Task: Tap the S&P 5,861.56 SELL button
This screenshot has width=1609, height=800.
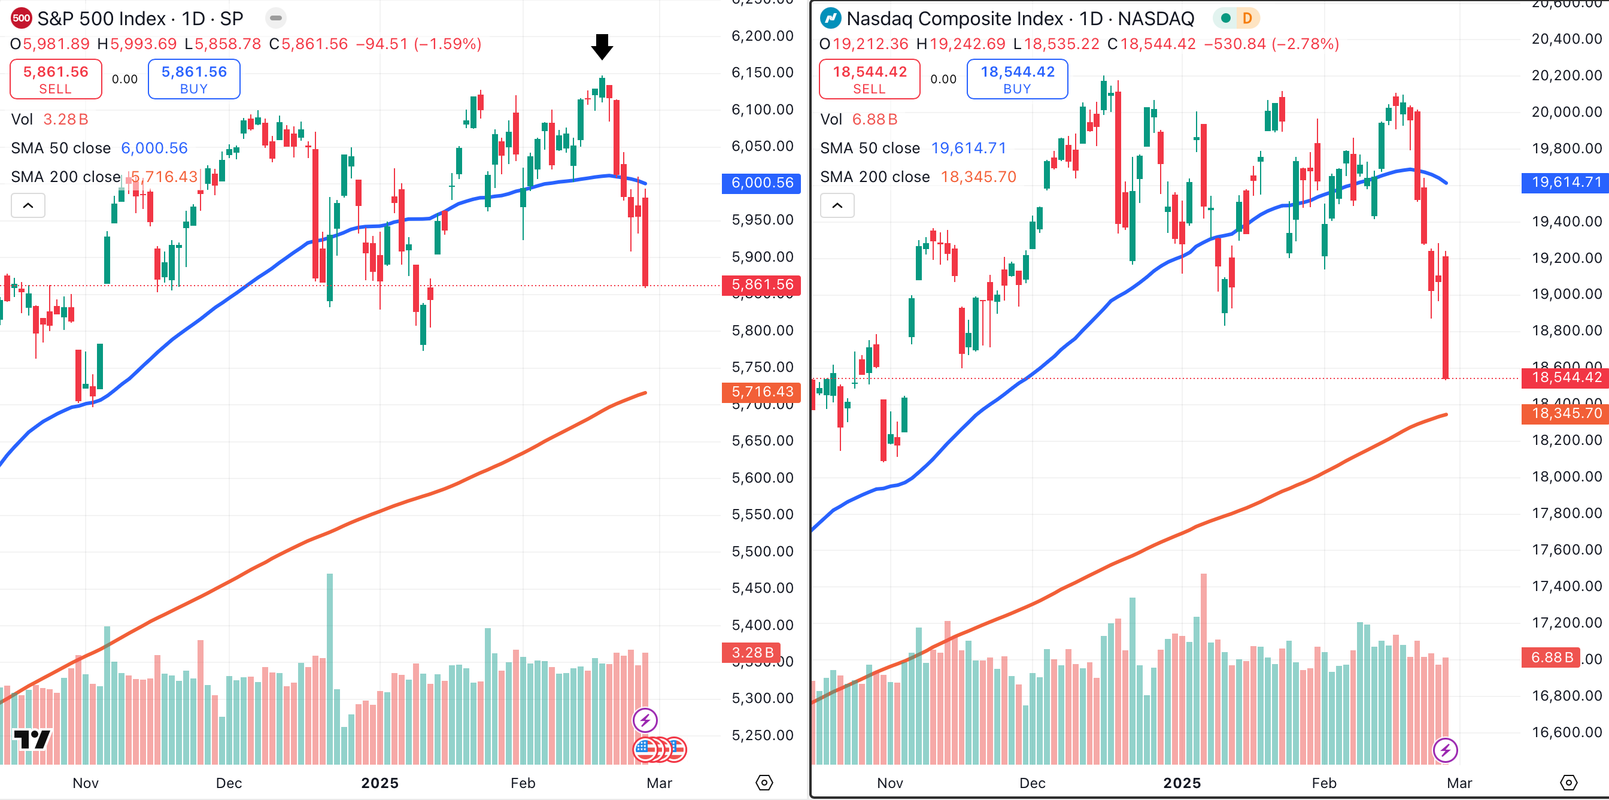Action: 56,80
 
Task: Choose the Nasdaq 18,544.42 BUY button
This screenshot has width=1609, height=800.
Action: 1017,80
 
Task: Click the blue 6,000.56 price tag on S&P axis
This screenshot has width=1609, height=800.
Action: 761,183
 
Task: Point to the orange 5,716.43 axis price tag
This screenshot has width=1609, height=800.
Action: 761,392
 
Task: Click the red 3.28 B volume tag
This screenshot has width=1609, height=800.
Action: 752,653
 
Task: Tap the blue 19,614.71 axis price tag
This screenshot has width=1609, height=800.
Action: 1566,183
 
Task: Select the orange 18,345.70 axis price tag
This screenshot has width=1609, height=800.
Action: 1566,414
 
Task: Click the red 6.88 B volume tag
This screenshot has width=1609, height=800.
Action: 1551,657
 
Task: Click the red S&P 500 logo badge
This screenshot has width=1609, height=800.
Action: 21,18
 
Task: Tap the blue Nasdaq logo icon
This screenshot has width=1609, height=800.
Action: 830,18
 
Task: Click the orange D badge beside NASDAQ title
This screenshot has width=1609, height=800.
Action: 1247,18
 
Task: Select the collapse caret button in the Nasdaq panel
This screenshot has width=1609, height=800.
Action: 837,205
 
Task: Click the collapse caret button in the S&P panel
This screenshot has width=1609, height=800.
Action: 28,205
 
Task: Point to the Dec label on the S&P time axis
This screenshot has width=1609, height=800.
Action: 229,783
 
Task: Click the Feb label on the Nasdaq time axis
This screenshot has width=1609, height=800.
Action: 1323,783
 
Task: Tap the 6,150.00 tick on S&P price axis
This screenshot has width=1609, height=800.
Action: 762,72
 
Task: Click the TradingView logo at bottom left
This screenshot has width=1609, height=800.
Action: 32,740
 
